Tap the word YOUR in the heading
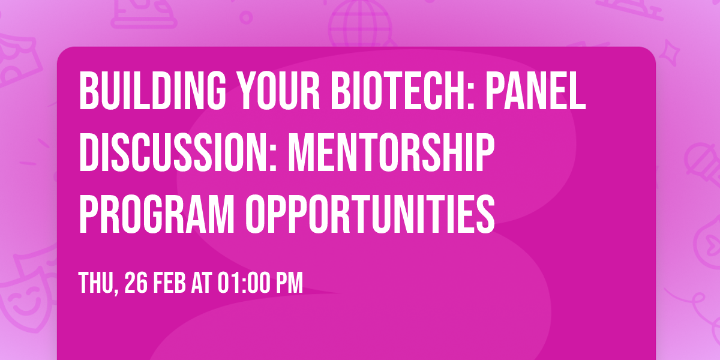[278, 91]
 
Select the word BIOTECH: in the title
[403, 91]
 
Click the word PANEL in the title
[535, 91]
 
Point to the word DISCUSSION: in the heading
[178, 152]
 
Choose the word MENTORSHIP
[391, 152]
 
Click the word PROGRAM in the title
[157, 214]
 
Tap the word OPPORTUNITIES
[370, 214]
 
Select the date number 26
[136, 283]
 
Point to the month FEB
[170, 283]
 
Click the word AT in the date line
[202, 283]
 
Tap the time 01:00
[244, 283]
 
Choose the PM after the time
[290, 283]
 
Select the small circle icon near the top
[246, 17]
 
